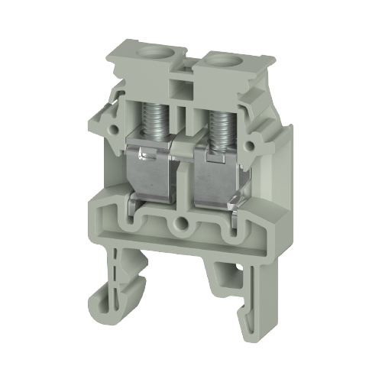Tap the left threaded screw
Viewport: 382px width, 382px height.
coord(156,114)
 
